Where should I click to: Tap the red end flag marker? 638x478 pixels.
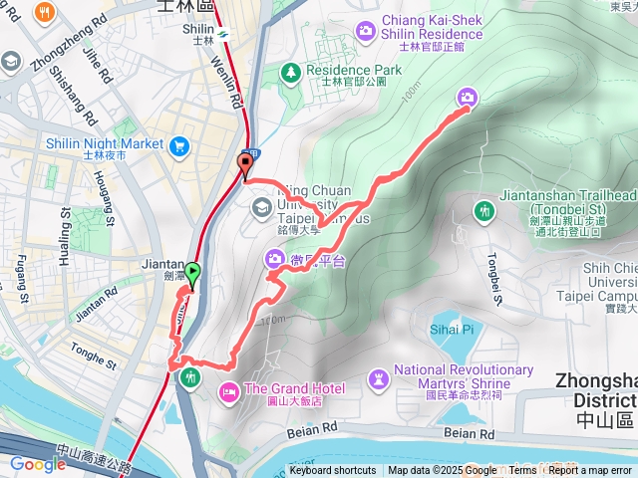tap(245, 165)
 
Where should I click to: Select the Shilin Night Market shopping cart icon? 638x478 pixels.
tap(180, 147)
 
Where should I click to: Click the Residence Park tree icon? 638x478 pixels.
tap(290, 72)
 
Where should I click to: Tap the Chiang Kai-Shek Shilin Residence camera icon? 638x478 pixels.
tap(366, 30)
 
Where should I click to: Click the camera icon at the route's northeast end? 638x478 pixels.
tap(467, 97)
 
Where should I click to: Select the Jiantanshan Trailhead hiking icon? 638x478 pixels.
tap(484, 210)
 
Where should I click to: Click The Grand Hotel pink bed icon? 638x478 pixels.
tap(229, 388)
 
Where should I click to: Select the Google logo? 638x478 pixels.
tap(37, 464)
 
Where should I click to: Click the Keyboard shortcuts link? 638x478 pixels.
tap(332, 471)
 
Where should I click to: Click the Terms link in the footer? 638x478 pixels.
tap(522, 471)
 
